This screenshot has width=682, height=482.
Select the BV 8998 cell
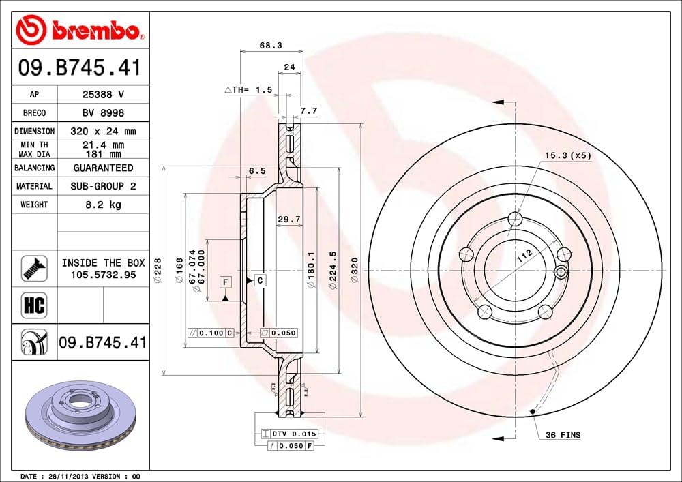pyautogui.click(x=103, y=113)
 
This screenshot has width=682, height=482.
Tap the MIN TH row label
pyautogui.click(x=34, y=145)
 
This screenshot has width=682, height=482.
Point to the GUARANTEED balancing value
pyautogui.click(x=103, y=168)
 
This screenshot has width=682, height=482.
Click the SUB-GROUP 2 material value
pyautogui.click(x=103, y=186)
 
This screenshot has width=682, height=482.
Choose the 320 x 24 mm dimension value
pyautogui.click(x=103, y=131)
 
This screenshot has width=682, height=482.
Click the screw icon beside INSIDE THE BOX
pyautogui.click(x=34, y=268)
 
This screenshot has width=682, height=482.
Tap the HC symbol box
pyautogui.click(x=34, y=305)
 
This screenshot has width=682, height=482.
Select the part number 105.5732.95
pyautogui.click(x=103, y=274)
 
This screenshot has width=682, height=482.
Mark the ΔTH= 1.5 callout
pyautogui.click(x=248, y=89)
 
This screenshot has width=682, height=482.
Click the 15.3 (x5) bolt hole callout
pyautogui.click(x=567, y=155)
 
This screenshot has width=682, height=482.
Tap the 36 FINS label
pyautogui.click(x=563, y=435)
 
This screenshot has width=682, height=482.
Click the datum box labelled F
pyautogui.click(x=224, y=281)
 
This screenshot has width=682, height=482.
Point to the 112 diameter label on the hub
pyautogui.click(x=524, y=256)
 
